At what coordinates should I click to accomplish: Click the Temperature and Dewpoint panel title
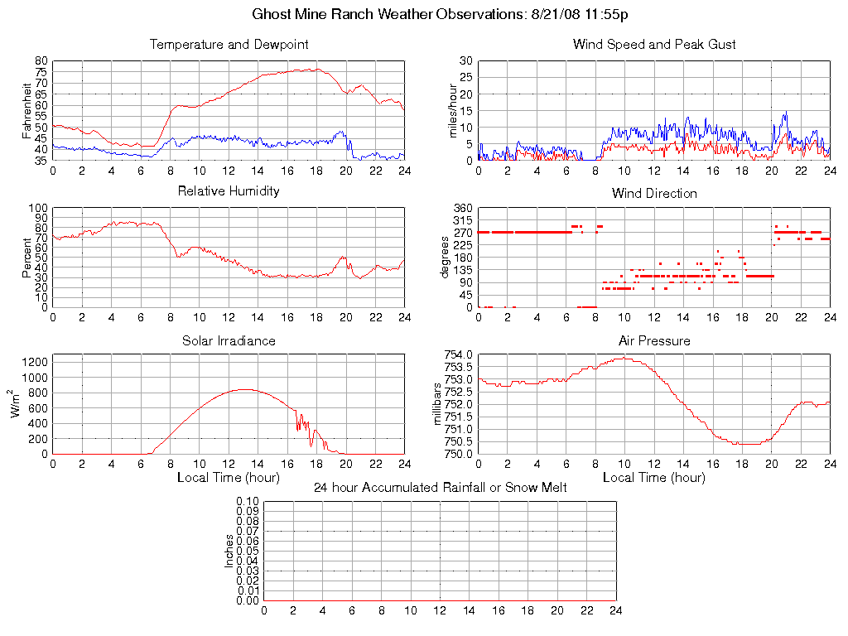pyautogui.click(x=229, y=44)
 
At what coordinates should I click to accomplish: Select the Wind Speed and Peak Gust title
pyautogui.click(x=654, y=44)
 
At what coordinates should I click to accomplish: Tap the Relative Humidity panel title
pyautogui.click(x=229, y=191)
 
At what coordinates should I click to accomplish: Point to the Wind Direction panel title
pyautogui.click(x=654, y=193)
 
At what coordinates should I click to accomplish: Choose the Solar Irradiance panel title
pyautogui.click(x=229, y=340)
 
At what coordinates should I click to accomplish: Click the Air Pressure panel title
pyautogui.click(x=654, y=340)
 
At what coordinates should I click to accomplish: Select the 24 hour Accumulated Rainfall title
pyautogui.click(x=440, y=488)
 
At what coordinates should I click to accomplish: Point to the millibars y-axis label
pyautogui.click(x=439, y=404)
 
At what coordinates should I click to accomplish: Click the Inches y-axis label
pyautogui.click(x=229, y=551)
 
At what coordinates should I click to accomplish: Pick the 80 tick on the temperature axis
pyautogui.click(x=41, y=61)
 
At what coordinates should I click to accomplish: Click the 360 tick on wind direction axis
pyautogui.click(x=462, y=208)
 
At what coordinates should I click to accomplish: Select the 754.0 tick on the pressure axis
pyautogui.click(x=458, y=355)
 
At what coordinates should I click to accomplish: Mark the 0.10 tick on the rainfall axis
pyautogui.click(x=248, y=501)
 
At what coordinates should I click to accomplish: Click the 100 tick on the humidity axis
pyautogui.click(x=39, y=208)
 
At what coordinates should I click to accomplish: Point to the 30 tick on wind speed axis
pyautogui.click(x=465, y=61)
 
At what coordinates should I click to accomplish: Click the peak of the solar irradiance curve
pyautogui.click(x=244, y=389)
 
